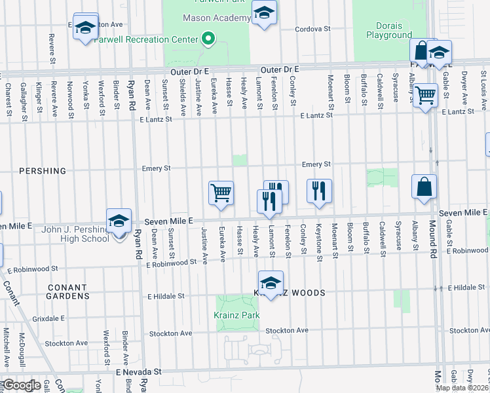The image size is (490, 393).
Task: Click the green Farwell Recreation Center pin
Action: pyautogui.click(x=208, y=39)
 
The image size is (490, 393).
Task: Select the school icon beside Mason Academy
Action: pyautogui.click(x=264, y=13)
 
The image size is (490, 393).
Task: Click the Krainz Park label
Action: pyautogui.click(x=237, y=315)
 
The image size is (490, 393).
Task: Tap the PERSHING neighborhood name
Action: pyautogui.click(x=43, y=171)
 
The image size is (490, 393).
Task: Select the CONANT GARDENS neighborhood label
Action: pyautogui.click(x=68, y=291)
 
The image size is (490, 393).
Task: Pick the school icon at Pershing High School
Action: pyautogui.click(x=119, y=222)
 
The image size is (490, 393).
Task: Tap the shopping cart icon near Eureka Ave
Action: pyautogui.click(x=221, y=193)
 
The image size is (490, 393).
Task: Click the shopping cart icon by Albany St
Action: pyautogui.click(x=426, y=96)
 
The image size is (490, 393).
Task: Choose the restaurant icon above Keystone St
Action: pyautogui.click(x=319, y=191)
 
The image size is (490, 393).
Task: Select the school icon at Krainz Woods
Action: pyautogui.click(x=270, y=283)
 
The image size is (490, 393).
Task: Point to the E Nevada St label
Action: pyautogui.click(x=138, y=371)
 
